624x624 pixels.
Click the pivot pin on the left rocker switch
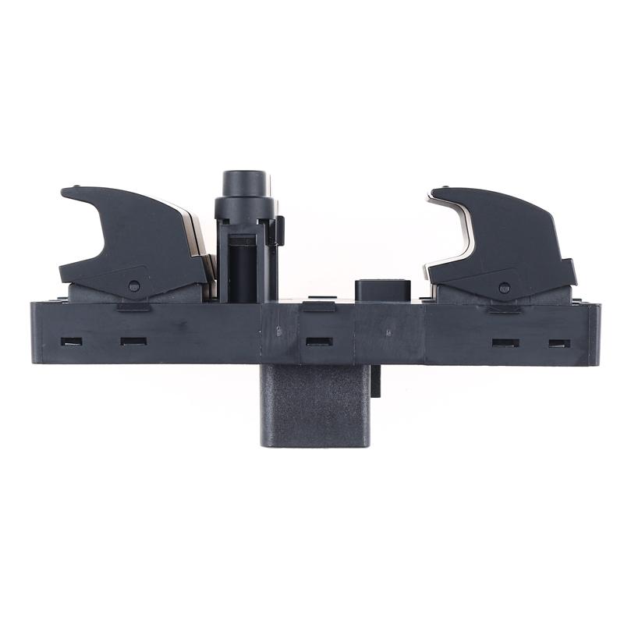pyautogui.click(x=134, y=286)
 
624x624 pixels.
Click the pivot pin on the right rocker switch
pyautogui.click(x=504, y=288)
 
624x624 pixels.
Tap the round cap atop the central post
pyautogui.click(x=245, y=184)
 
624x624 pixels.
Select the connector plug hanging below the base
pyautogui.click(x=314, y=406)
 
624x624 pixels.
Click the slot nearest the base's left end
pyautogui.click(x=71, y=341)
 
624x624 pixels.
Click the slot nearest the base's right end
pyautogui.click(x=559, y=343)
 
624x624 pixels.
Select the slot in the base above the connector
pyautogui.click(x=319, y=341)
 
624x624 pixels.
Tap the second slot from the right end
pyautogui.click(x=505, y=342)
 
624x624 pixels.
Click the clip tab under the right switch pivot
pyautogui.click(x=504, y=308)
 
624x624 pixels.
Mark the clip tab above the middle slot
pyautogui.click(x=318, y=307)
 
